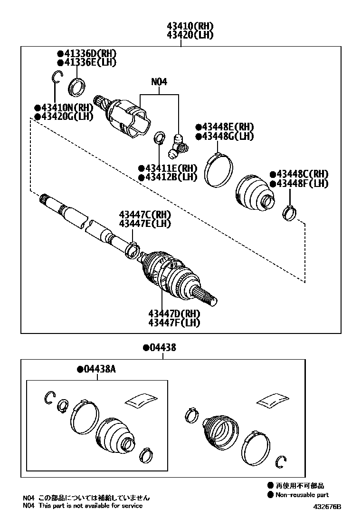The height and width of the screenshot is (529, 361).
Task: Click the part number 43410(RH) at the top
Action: (x=190, y=26)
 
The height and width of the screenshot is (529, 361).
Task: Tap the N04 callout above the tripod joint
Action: (x=159, y=82)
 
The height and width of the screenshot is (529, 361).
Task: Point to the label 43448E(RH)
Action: (x=225, y=127)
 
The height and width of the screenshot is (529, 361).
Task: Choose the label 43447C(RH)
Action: (x=145, y=215)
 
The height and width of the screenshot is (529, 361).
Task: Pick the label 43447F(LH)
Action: (x=174, y=323)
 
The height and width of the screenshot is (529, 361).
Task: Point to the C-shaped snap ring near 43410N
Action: (x=57, y=77)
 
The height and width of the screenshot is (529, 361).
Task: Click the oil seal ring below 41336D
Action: (x=77, y=87)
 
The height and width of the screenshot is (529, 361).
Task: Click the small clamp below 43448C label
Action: (x=289, y=212)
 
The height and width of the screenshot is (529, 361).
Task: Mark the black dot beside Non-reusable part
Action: (x=270, y=495)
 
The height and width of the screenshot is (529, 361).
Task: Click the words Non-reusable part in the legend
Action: (x=302, y=495)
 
